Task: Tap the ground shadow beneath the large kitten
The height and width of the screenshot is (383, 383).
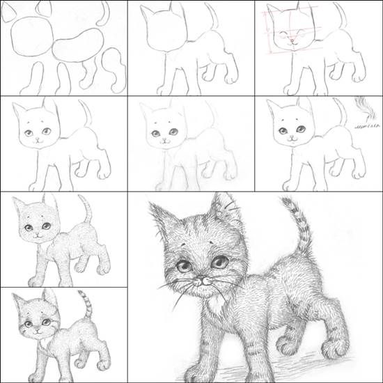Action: pos(306,362)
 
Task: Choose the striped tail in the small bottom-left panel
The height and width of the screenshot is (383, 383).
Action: pos(84,303)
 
